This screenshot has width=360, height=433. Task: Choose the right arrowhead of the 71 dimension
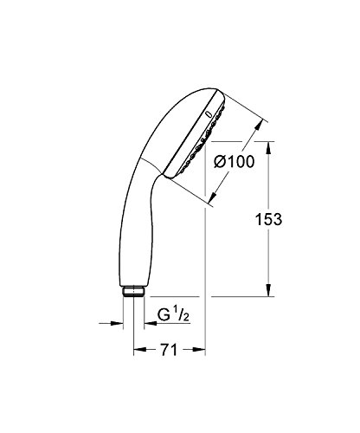[201, 353]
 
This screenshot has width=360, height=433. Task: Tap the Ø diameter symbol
[219, 162]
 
